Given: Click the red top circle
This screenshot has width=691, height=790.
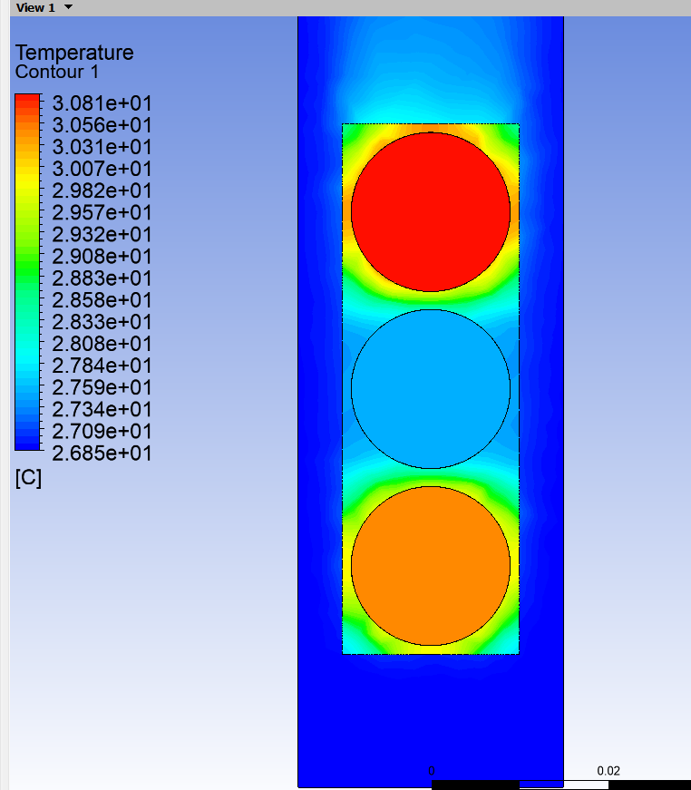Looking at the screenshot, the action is [x=431, y=211].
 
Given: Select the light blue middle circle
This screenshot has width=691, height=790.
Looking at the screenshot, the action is [x=431, y=389].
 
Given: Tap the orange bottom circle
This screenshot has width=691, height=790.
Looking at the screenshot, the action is [x=431, y=566].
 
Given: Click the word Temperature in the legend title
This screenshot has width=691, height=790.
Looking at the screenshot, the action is [x=74, y=53].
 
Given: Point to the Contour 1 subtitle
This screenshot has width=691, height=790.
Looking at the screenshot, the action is [x=57, y=72].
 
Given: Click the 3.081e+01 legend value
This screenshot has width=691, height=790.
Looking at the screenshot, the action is [x=102, y=103].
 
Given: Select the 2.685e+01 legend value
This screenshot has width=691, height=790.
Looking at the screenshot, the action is [x=102, y=454].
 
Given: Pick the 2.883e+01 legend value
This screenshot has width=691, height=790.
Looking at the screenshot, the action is [x=102, y=278].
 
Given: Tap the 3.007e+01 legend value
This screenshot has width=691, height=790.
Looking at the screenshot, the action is [x=102, y=169].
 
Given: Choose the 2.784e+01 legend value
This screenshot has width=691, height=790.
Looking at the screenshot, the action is [x=102, y=366].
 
